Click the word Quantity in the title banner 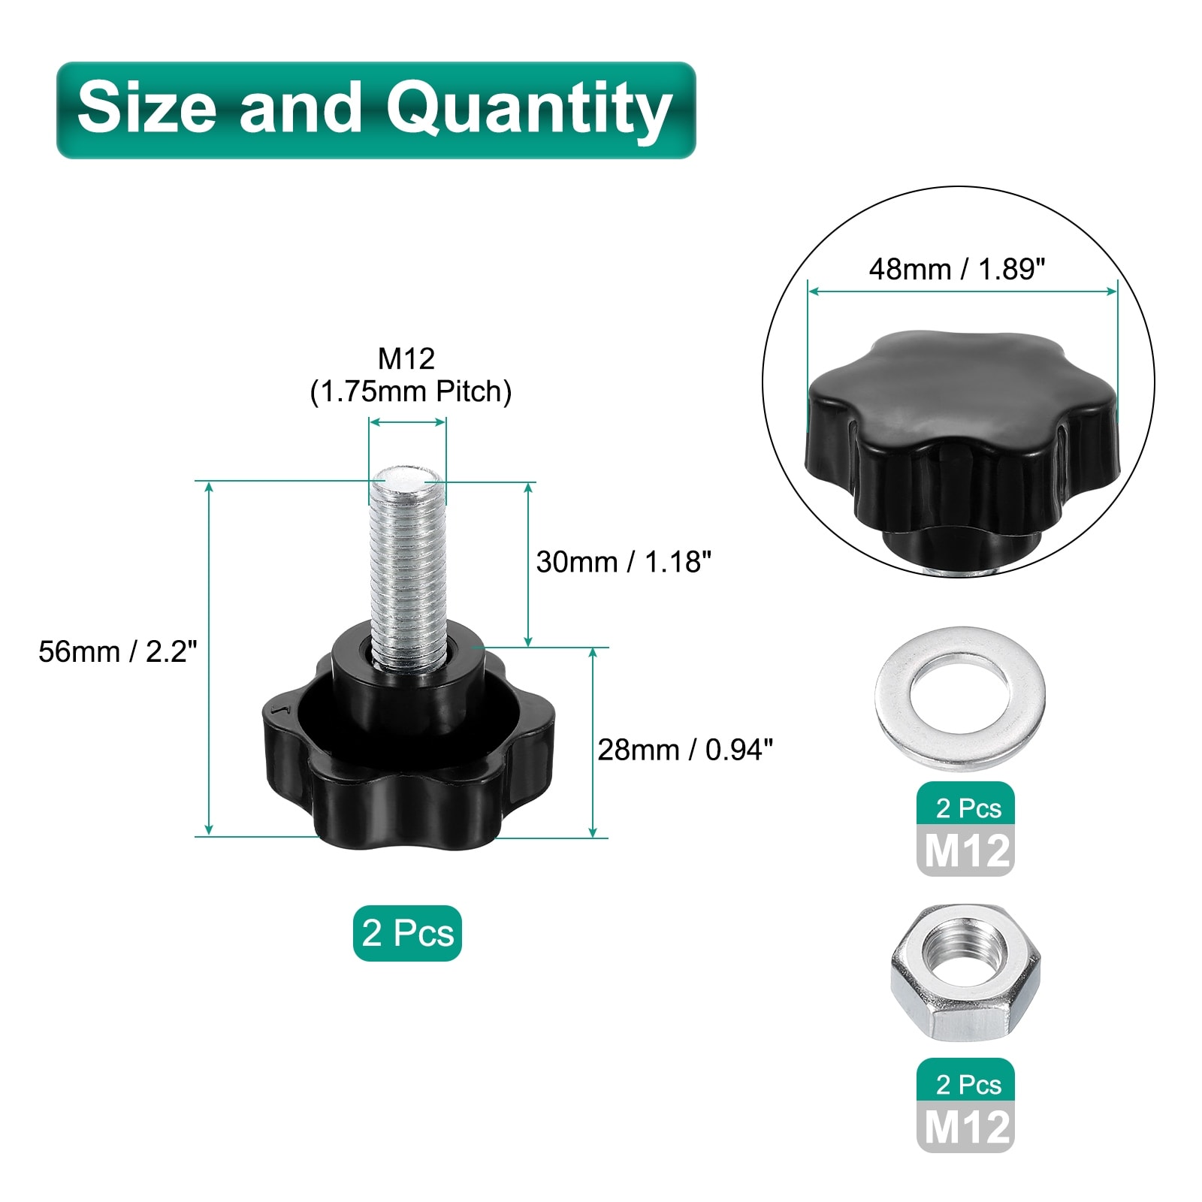[x=529, y=110]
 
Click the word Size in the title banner [x=146, y=107]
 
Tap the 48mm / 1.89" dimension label [x=957, y=269]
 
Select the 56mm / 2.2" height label [x=118, y=651]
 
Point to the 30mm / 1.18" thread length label [x=624, y=562]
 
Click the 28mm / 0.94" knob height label [x=685, y=750]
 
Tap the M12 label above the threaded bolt [x=406, y=359]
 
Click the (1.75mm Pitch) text [x=411, y=392]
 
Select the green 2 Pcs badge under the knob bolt [x=407, y=933]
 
